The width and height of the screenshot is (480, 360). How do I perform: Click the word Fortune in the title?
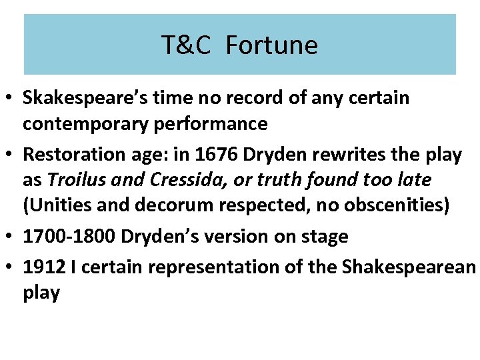[x=271, y=45]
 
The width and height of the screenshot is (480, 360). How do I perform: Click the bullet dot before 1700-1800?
[x=11, y=237]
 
